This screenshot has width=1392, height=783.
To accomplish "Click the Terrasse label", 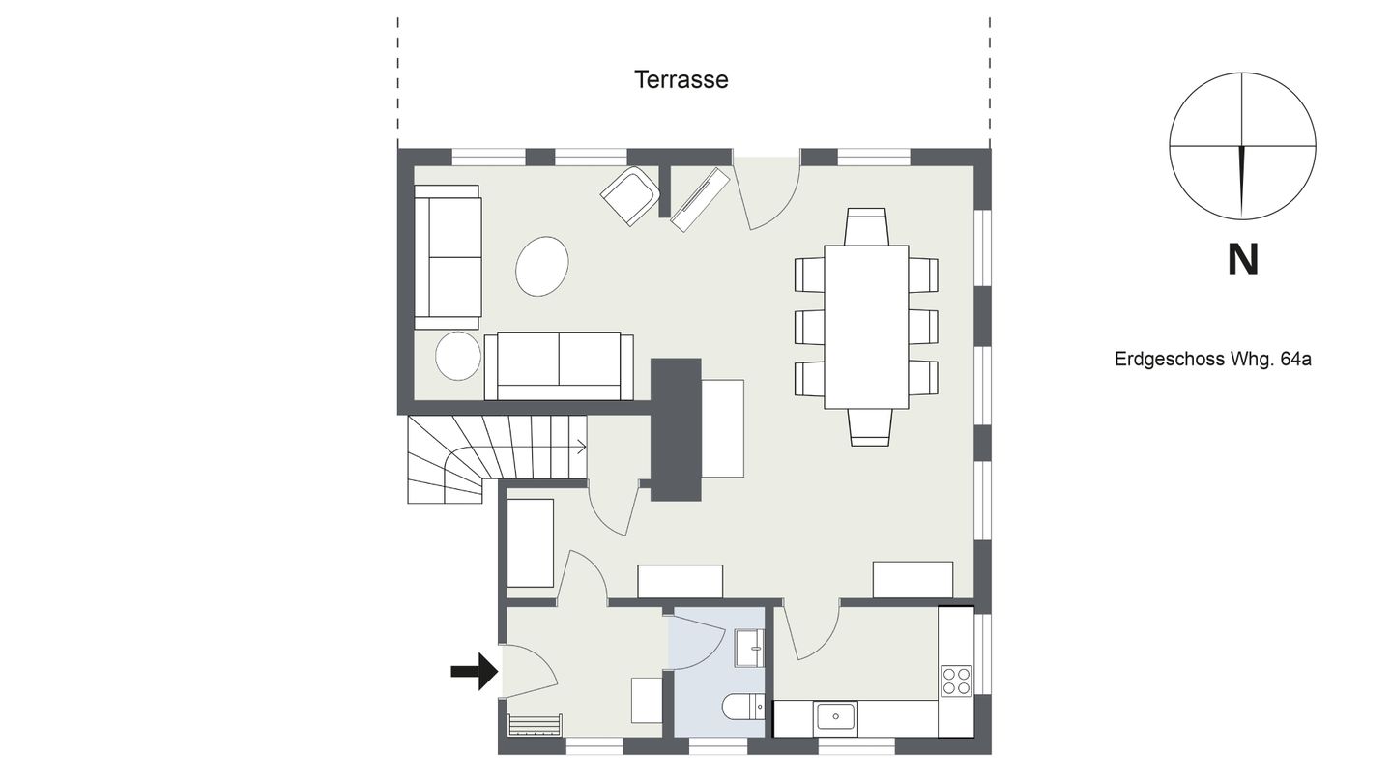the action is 681,80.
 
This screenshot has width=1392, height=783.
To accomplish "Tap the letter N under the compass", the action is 1243,259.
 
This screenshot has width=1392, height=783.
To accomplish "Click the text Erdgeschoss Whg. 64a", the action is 1212,360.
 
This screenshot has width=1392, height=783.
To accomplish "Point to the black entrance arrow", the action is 474,671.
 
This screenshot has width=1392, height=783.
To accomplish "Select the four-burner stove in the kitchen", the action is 956,681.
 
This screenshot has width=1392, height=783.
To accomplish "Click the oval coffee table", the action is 542,266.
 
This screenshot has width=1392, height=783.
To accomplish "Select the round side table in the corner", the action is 458,355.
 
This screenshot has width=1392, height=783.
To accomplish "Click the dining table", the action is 866,327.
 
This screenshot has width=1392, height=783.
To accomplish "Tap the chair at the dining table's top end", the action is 866,226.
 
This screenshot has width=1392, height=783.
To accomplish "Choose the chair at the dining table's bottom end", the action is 870,427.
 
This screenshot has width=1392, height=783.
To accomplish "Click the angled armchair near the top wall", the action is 629,195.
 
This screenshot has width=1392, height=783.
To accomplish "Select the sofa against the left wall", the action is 448,257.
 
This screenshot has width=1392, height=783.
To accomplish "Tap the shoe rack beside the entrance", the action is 536,725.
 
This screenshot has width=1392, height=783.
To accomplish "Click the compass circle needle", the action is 1243,181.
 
